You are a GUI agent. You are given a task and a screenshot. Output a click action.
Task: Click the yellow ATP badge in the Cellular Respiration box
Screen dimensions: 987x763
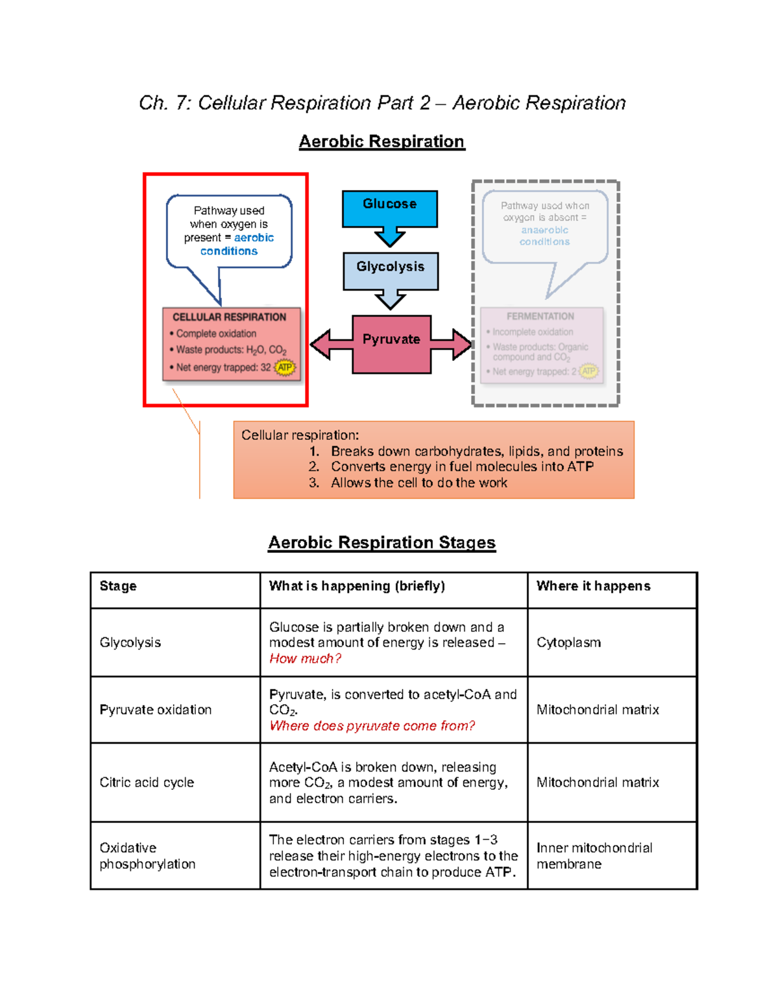click(285, 367)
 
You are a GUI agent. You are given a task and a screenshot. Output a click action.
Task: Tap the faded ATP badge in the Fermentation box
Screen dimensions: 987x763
click(589, 371)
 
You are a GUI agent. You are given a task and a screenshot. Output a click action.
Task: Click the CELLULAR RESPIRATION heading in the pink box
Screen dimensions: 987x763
click(229, 317)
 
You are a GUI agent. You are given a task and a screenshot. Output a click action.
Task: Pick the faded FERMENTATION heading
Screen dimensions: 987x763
click(540, 317)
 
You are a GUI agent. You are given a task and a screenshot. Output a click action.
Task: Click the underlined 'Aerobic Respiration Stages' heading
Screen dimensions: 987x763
click(381, 542)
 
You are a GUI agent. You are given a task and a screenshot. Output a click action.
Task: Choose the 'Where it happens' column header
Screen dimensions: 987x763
click(593, 586)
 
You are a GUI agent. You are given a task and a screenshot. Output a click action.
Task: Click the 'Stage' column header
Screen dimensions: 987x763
click(118, 586)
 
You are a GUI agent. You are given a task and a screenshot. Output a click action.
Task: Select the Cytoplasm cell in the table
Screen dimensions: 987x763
click(568, 643)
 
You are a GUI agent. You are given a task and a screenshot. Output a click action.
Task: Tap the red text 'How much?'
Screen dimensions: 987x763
click(305, 659)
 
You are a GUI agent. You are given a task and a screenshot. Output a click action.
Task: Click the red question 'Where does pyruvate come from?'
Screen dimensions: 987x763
click(372, 726)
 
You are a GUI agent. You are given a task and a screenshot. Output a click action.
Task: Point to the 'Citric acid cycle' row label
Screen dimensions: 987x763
click(147, 782)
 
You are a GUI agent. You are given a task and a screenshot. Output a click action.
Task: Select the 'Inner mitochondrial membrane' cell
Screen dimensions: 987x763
click(594, 855)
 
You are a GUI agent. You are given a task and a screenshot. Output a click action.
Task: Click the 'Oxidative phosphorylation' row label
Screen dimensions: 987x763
click(148, 855)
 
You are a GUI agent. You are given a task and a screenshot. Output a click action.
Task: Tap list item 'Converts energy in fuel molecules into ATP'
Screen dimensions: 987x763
click(462, 466)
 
